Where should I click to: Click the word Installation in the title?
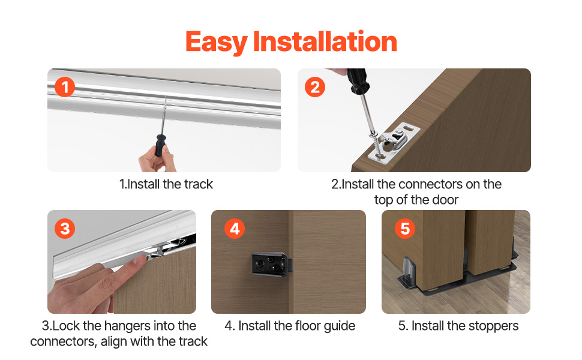[x=325, y=41]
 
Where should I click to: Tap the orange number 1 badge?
[x=65, y=87]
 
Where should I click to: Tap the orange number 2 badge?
[x=315, y=87]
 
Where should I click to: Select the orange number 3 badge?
[x=65, y=229]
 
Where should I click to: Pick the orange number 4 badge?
[x=235, y=229]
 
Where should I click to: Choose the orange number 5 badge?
[x=405, y=229]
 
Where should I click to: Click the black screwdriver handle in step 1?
[x=160, y=145]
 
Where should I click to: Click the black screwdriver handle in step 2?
[x=358, y=81]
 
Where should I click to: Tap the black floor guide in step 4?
[x=272, y=263]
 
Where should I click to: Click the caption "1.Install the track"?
[x=166, y=184]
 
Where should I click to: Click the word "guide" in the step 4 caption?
[x=340, y=326]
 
